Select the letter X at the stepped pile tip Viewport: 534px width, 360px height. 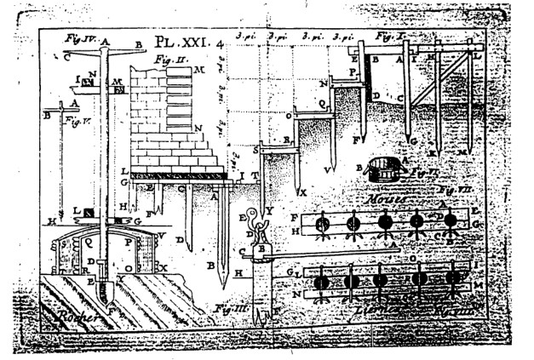coord(303,191)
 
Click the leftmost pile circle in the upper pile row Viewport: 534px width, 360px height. coord(323,225)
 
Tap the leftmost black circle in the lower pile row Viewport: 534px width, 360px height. coord(322,281)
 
